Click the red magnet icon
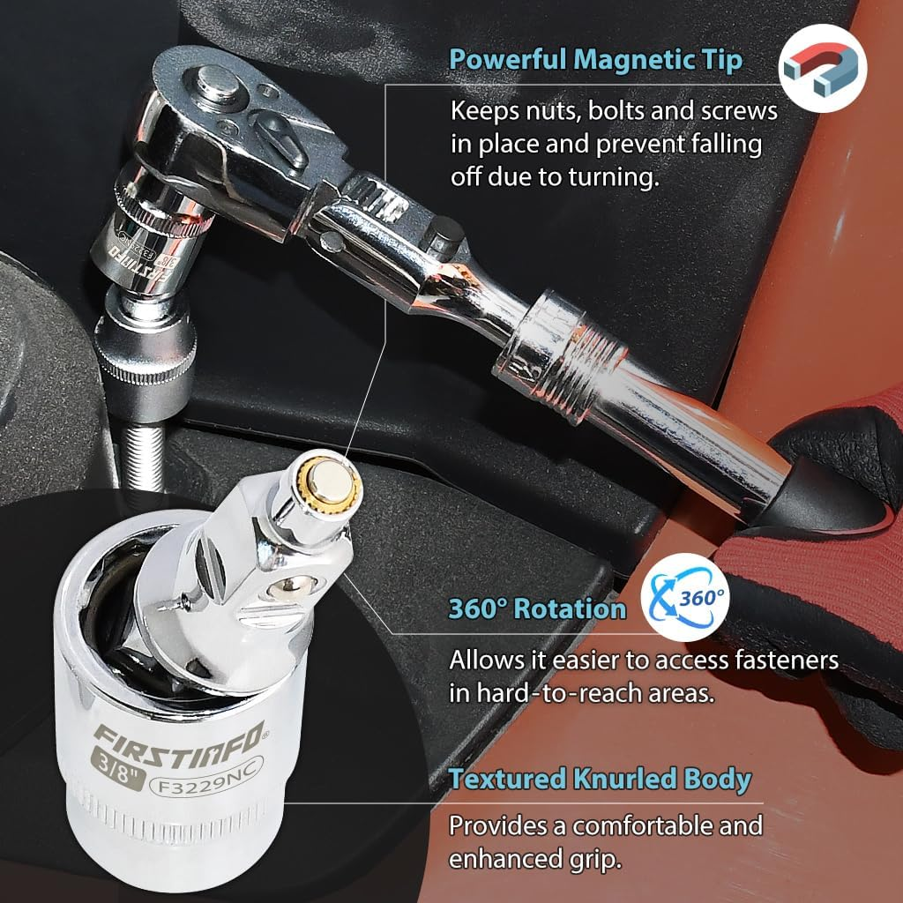click(823, 69)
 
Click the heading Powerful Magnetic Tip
click(595, 60)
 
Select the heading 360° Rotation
click(537, 608)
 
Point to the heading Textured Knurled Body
click(600, 779)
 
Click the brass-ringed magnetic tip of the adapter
click(328, 482)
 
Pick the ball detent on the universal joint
click(287, 585)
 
